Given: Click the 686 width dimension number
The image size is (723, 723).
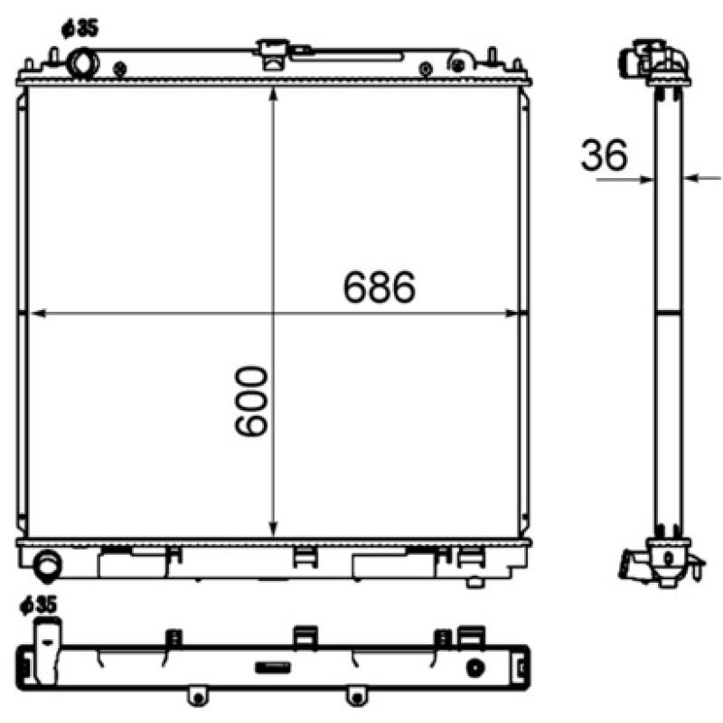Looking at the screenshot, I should pos(379,287).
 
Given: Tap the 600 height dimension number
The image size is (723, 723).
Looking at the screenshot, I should pos(252,403).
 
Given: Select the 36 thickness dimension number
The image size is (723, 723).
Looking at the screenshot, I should pos(605,155).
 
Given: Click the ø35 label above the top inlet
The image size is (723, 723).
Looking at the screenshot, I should pos(79,28).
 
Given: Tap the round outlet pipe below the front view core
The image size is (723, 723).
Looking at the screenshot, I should pos(46,565).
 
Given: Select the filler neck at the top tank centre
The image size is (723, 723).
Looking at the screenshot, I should pos(271,52).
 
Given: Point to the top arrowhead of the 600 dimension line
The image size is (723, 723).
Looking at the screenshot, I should pos(273,95).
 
